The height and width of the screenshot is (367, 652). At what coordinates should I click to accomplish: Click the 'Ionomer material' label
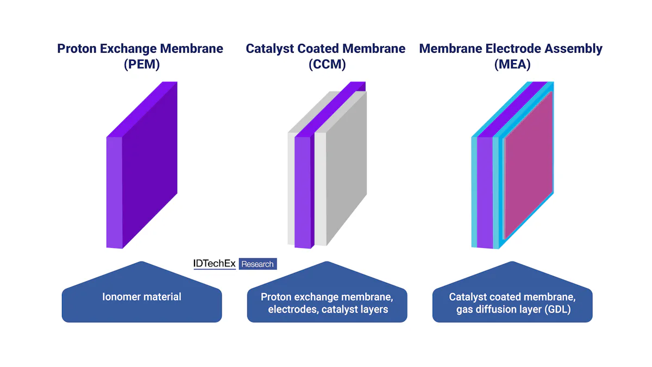coord(142,297)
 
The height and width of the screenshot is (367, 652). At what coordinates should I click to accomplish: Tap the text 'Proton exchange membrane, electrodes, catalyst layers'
coord(327,303)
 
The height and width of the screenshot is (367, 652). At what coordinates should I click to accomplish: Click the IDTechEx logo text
coord(215,264)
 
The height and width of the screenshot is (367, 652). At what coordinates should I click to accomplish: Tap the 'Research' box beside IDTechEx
coord(258,264)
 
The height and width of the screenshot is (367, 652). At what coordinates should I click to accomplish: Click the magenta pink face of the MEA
coord(528,166)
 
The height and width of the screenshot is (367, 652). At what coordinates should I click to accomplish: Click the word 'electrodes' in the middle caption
coord(292,309)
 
